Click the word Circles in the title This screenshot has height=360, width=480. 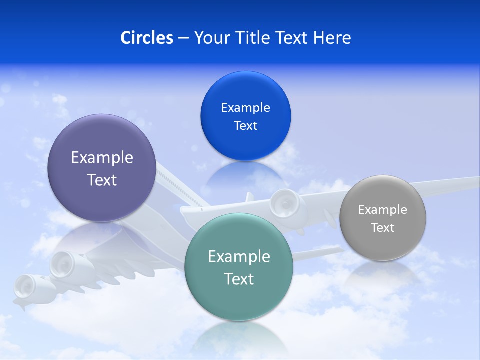coord(147,38)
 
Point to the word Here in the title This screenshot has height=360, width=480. coord(332,38)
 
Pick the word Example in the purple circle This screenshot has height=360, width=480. coord(102,158)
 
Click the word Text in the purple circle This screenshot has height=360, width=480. coord(102,180)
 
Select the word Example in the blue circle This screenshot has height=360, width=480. coord(245,108)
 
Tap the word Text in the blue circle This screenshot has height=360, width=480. coord(245,126)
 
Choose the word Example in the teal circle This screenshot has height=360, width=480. coord(239,257)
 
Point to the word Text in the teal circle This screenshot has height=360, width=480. coord(239,279)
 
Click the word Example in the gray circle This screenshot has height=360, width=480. coord(382,210)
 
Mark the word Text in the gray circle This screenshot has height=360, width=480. coord(382,228)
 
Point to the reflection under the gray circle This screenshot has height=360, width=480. coord(382,272)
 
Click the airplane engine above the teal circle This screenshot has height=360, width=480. coord(284,202)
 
